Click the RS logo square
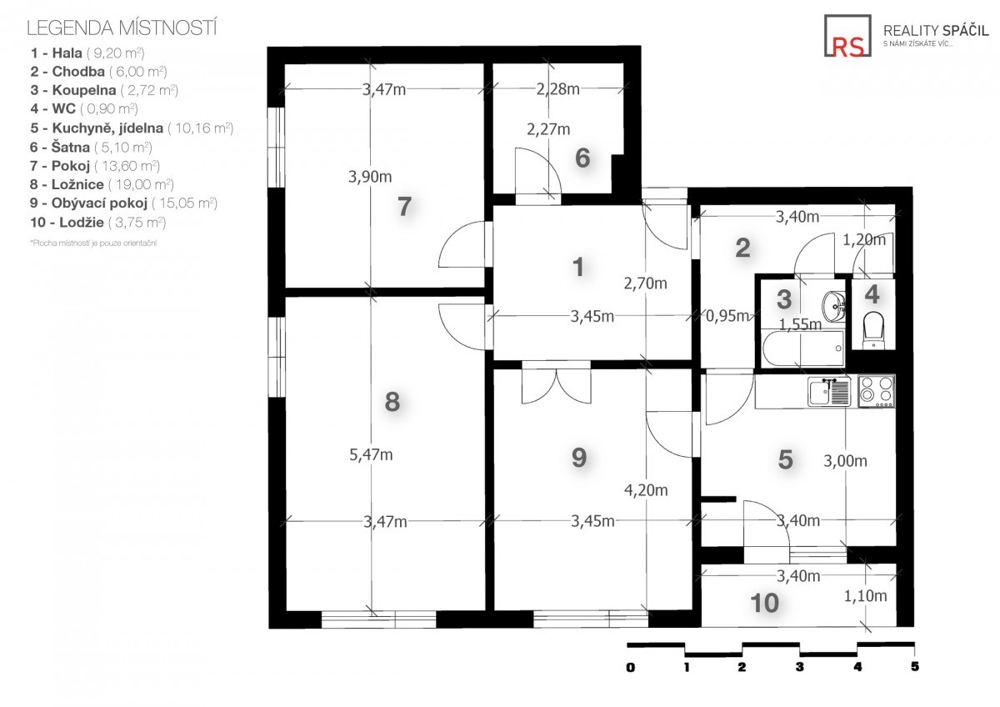click(847, 36)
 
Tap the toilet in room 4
click(873, 329)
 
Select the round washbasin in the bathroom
click(833, 306)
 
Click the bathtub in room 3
click(802, 348)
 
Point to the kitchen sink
click(829, 392)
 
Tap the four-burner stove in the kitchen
click(877, 391)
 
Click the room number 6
click(582, 158)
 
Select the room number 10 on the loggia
click(765, 604)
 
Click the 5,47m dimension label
click(371, 454)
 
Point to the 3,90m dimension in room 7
click(370, 177)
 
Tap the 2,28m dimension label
click(558, 89)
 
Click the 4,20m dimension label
click(646, 490)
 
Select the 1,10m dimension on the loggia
click(865, 596)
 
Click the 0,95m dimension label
click(727, 316)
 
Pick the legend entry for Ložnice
click(102, 184)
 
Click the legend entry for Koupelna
click(104, 90)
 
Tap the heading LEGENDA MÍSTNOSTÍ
click(122, 28)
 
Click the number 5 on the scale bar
click(915, 667)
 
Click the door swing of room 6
click(537, 172)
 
